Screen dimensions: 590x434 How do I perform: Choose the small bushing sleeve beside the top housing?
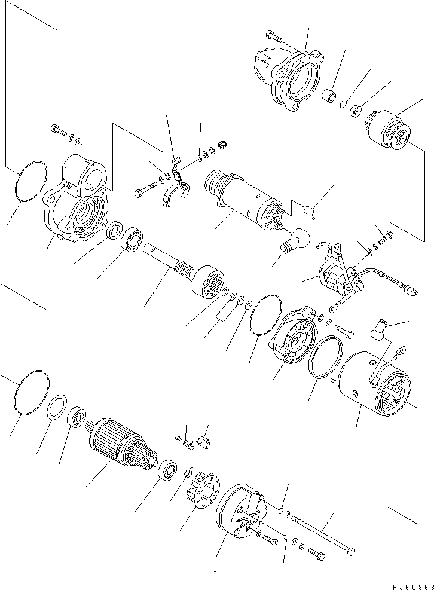(329, 96)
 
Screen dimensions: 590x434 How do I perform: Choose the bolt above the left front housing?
(56, 129)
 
